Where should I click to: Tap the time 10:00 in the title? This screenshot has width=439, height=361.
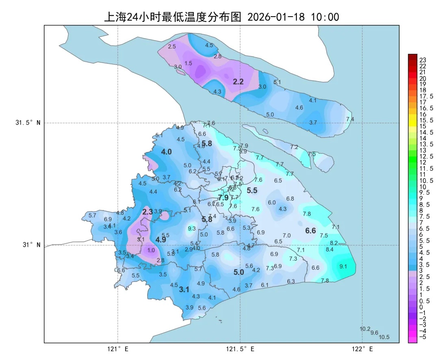point(325,17)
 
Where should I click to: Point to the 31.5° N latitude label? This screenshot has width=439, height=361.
point(28,123)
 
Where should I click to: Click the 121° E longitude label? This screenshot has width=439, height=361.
point(118,349)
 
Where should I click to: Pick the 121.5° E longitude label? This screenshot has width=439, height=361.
point(240,349)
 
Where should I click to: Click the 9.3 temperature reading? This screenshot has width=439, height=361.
point(192,229)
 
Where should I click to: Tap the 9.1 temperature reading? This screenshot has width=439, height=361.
point(343,266)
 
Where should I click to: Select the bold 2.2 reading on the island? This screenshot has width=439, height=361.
point(238,82)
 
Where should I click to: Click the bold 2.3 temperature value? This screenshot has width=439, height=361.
point(148,212)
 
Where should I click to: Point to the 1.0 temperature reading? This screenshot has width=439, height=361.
point(151,251)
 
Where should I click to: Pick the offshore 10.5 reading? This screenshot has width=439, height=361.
point(384,337)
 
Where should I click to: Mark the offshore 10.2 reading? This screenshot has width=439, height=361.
point(365,329)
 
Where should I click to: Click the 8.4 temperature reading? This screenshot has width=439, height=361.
point(330,250)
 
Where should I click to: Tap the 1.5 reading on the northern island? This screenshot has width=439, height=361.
point(188,63)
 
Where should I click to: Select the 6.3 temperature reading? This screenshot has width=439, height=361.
point(291,281)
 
